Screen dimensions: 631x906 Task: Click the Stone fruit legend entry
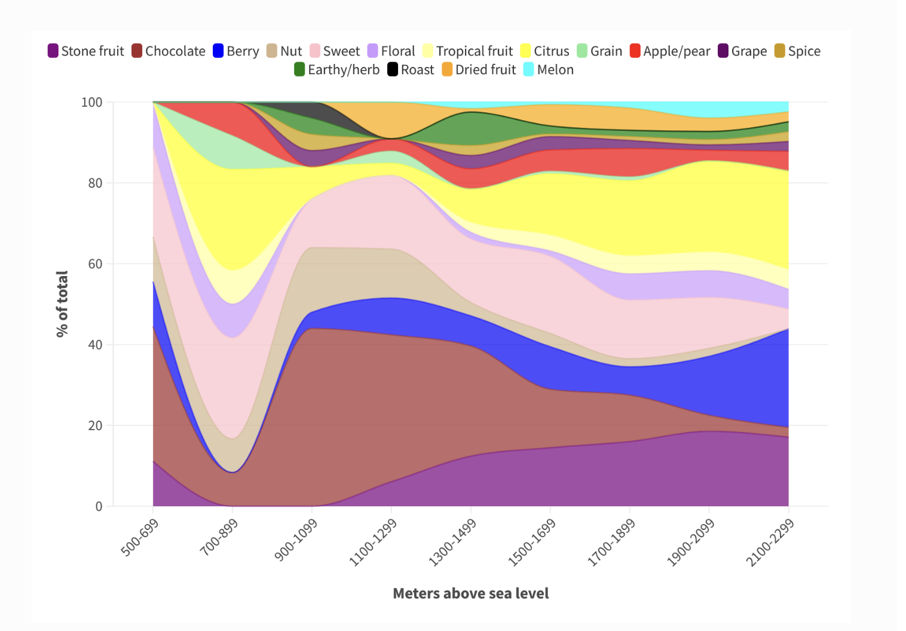click(86, 51)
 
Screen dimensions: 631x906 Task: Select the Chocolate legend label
click(175, 51)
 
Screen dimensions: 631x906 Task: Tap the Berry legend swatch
click(218, 51)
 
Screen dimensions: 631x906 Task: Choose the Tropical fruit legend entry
click(467, 51)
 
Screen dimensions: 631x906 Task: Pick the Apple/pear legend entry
click(670, 51)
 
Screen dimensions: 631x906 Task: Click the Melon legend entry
click(548, 70)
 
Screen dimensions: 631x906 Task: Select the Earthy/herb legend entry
click(336, 70)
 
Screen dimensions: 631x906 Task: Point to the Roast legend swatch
click(393, 69)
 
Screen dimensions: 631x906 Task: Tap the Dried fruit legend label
click(485, 70)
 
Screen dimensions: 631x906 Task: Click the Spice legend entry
click(797, 51)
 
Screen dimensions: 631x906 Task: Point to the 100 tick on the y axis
click(92, 102)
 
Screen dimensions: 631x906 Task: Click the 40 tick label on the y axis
click(96, 345)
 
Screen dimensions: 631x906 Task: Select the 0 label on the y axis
click(99, 507)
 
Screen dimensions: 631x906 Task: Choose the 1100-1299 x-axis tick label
click(373, 542)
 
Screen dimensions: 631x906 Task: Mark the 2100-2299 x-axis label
click(770, 542)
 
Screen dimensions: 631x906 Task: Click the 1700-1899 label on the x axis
click(611, 542)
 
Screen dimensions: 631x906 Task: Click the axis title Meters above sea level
click(471, 593)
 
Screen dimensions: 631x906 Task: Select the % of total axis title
click(62, 304)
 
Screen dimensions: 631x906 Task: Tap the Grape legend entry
click(742, 51)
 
